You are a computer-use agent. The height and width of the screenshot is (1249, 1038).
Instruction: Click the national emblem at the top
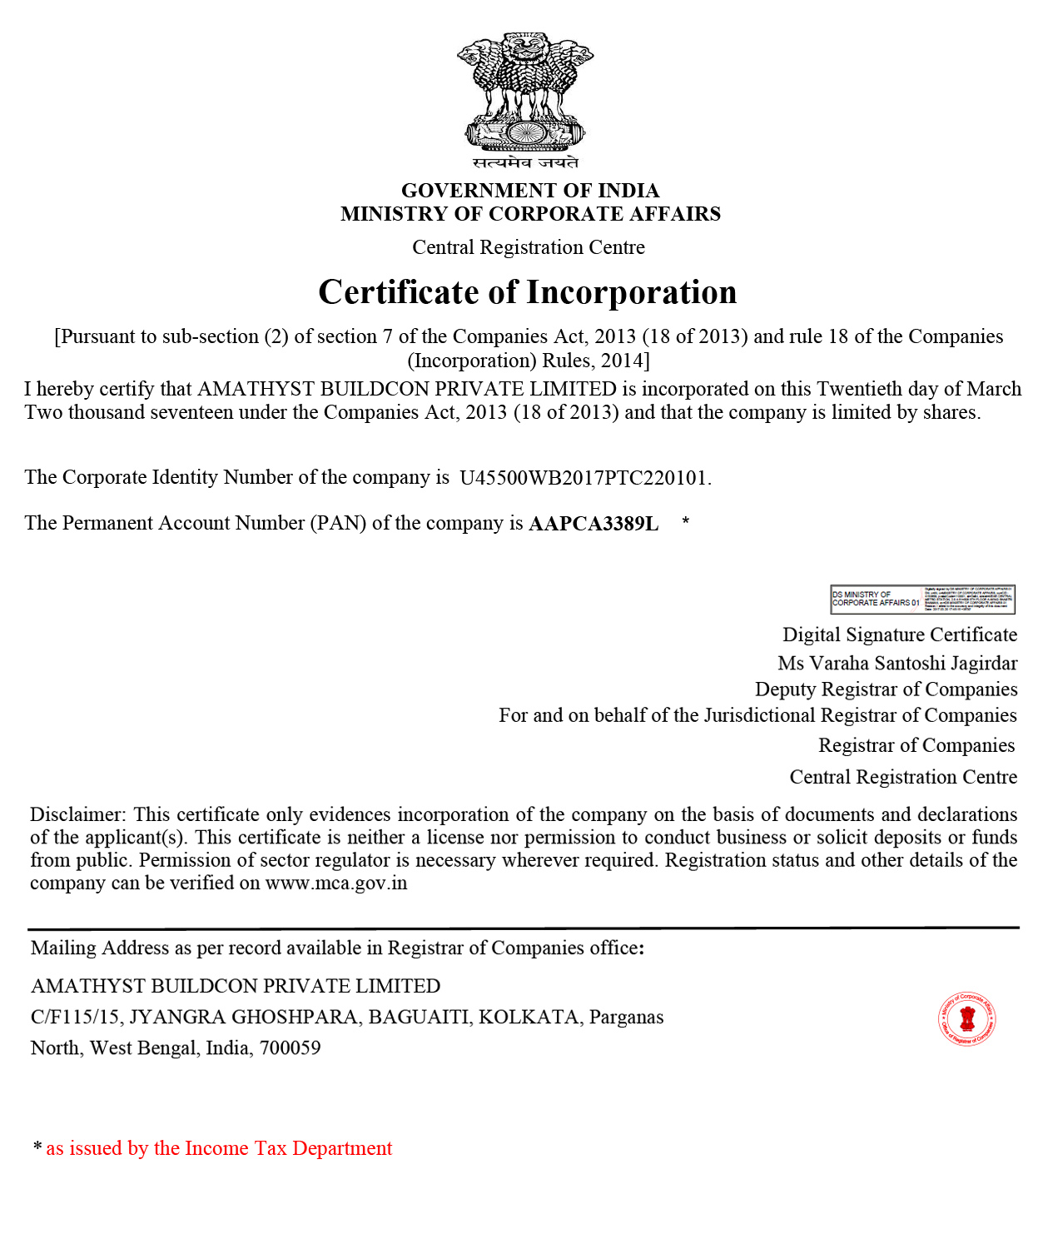coord(524,92)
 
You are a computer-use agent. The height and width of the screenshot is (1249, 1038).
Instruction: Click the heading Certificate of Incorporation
coord(528,292)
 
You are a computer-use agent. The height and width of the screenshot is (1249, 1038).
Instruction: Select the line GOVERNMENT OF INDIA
coord(530,191)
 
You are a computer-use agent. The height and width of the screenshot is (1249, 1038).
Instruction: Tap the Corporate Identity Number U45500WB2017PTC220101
coord(584,478)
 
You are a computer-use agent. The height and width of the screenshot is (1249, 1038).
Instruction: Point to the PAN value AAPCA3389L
coord(593,524)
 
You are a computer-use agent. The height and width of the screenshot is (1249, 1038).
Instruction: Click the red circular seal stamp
coord(967,1018)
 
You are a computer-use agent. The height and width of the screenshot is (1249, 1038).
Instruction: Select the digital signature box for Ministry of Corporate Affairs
coord(922,600)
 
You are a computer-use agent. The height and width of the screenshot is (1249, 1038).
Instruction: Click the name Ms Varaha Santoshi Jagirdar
coord(897,664)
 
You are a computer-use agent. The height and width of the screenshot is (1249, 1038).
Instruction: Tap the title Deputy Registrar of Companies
coord(886,689)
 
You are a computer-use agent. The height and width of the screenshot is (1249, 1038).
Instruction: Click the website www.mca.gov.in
coord(336,883)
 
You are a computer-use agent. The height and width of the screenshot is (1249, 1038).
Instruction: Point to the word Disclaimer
coord(77,814)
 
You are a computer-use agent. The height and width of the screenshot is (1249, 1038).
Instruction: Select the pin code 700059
coord(290,1048)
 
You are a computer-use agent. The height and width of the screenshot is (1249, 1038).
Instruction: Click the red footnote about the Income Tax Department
coord(219,1149)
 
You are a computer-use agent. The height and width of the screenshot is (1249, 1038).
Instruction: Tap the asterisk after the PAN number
coord(685,522)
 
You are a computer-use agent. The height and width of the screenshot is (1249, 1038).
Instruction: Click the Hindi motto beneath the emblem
coord(525,162)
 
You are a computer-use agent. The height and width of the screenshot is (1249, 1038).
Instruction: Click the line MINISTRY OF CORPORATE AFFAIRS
coord(530,214)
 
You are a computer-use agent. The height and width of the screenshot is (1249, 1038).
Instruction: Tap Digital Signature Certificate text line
coord(900,635)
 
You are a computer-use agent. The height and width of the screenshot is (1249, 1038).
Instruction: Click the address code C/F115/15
coord(75,1018)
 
